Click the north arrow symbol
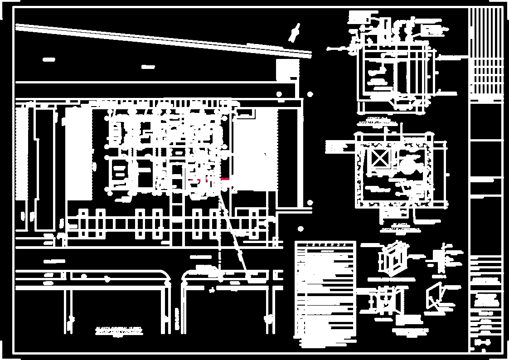coord(295,31)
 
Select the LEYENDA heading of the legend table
coord(325,245)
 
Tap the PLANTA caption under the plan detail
coord(401,228)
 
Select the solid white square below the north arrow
coord(287,70)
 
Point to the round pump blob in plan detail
coord(407,163)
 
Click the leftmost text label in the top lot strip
coord(48,59)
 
